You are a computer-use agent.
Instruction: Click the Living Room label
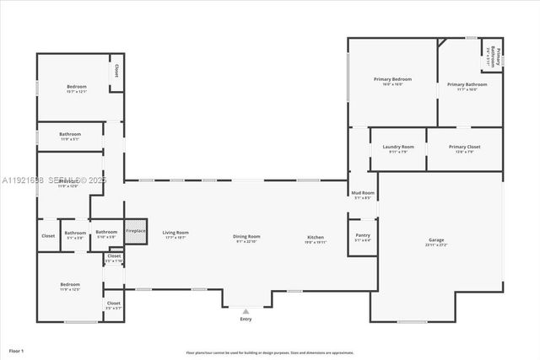pyautogui.click(x=175, y=233)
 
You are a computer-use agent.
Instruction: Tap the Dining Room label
pyautogui.click(x=246, y=236)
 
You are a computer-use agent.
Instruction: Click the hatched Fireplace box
pyautogui.click(x=136, y=232)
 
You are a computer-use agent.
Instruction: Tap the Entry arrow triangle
pyautogui.click(x=246, y=310)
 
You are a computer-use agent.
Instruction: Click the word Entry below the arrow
pyautogui.click(x=246, y=319)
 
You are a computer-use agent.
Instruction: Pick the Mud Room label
pyautogui.click(x=363, y=194)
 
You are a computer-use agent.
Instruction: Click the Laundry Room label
pyautogui.click(x=398, y=147)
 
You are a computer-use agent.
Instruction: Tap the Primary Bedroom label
pyautogui.click(x=392, y=79)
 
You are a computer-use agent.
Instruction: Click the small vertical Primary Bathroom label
pyautogui.click(x=498, y=56)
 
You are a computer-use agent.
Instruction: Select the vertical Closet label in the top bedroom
pyautogui.click(x=116, y=72)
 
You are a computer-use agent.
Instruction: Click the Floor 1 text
pyautogui.click(x=17, y=349)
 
